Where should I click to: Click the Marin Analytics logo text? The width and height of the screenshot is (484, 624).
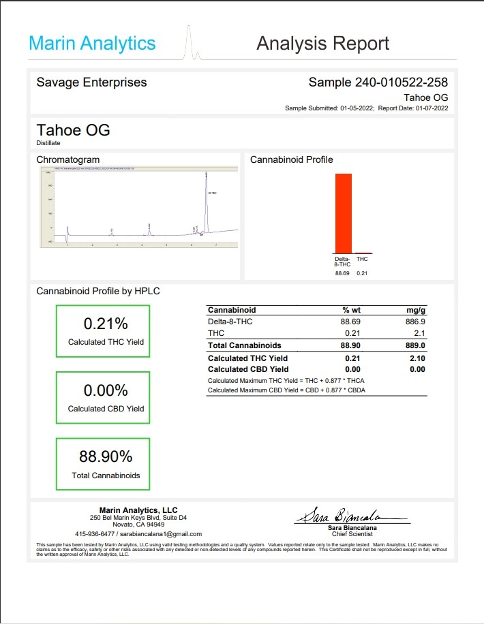[92, 44]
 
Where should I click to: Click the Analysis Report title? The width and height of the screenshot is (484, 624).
[322, 44]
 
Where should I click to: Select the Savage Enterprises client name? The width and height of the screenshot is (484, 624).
[91, 82]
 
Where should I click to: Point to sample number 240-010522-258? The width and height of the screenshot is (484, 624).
[378, 82]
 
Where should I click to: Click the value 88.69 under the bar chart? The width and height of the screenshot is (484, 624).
[342, 273]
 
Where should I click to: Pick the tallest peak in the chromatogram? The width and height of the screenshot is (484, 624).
[206, 204]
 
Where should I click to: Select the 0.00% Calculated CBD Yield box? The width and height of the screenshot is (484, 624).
[103, 397]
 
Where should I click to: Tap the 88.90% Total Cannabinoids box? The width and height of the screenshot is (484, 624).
[103, 463]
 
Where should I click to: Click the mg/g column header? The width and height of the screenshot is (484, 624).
[415, 310]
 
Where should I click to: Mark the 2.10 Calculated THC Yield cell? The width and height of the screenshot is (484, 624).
[415, 358]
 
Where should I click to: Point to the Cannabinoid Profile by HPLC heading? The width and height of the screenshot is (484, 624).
[98, 291]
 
